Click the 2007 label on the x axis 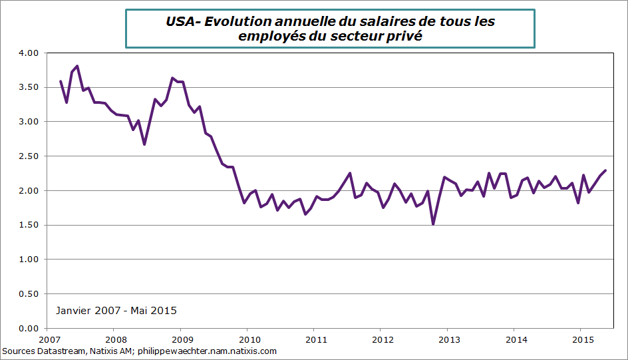pyautogui.click(x=47, y=339)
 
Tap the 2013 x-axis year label pyautogui.click(x=447, y=339)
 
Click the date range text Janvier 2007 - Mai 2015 pyautogui.click(x=116, y=311)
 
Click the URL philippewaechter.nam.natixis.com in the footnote pyautogui.click(x=206, y=351)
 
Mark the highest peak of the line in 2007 pyautogui.click(x=77, y=66)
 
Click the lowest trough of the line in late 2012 pyautogui.click(x=433, y=224)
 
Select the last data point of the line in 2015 pyautogui.click(x=605, y=170)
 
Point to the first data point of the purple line pyautogui.click(x=61, y=81)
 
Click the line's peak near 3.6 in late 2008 pyautogui.click(x=172, y=78)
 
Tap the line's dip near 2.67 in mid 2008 pyautogui.click(x=144, y=144)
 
